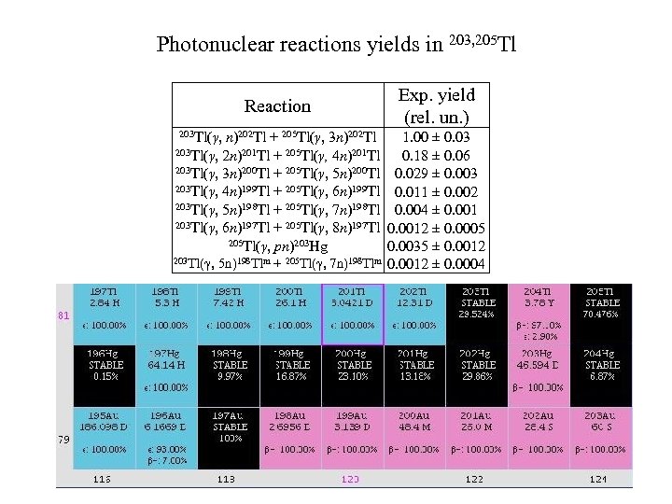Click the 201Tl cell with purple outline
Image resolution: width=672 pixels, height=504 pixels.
pyautogui.click(x=353, y=314)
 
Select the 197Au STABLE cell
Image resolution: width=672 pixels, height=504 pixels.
pyautogui.click(x=230, y=438)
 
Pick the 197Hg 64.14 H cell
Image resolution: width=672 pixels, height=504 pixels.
pyautogui.click(x=168, y=375)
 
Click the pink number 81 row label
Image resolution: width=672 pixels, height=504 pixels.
pyautogui.click(x=64, y=315)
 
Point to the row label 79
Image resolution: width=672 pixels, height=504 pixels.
pyautogui.click(x=64, y=438)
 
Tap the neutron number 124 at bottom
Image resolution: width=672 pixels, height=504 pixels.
pyautogui.click(x=597, y=479)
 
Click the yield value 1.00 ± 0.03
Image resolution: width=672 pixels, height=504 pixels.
pyautogui.click(x=436, y=137)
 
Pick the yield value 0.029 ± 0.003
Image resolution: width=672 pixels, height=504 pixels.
pyautogui.click(x=436, y=174)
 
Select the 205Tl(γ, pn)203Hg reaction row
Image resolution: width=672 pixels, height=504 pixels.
pyautogui.click(x=278, y=246)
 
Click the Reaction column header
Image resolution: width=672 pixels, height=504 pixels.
pyautogui.click(x=277, y=106)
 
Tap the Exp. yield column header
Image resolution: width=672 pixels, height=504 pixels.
pyautogui.click(x=436, y=105)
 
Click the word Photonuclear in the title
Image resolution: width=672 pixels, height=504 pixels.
pyautogui.click(x=209, y=45)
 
